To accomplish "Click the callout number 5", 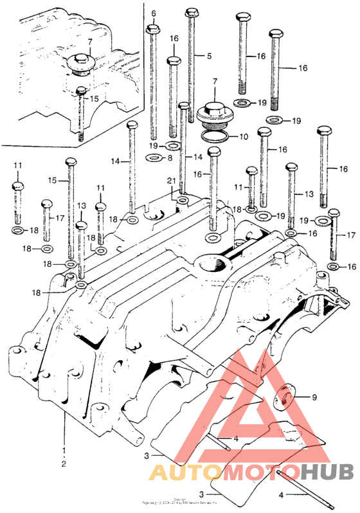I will tap(209, 57).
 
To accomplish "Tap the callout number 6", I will tap(154, 14).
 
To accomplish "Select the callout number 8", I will tap(169, 157).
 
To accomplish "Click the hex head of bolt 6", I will tap(153, 30).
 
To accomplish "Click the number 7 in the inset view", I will tap(90, 42).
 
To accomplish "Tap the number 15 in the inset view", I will tap(94, 99).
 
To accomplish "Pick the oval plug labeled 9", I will tap(282, 397).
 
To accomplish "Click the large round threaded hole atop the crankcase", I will tap(213, 264).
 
